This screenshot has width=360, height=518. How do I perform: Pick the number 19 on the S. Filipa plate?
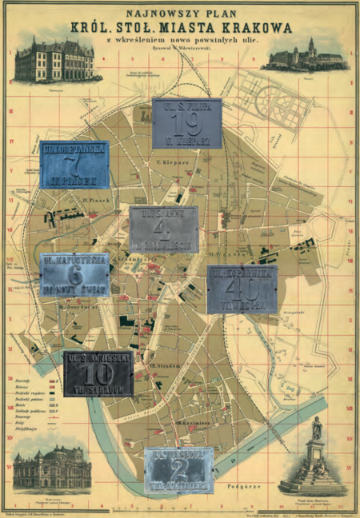point(187,122)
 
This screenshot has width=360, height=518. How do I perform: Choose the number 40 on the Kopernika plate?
point(242,289)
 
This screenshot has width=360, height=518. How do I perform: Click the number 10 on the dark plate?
point(99,374)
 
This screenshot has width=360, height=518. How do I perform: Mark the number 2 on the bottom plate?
point(179,468)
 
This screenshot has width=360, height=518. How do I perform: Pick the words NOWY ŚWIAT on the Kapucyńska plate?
point(75,289)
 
